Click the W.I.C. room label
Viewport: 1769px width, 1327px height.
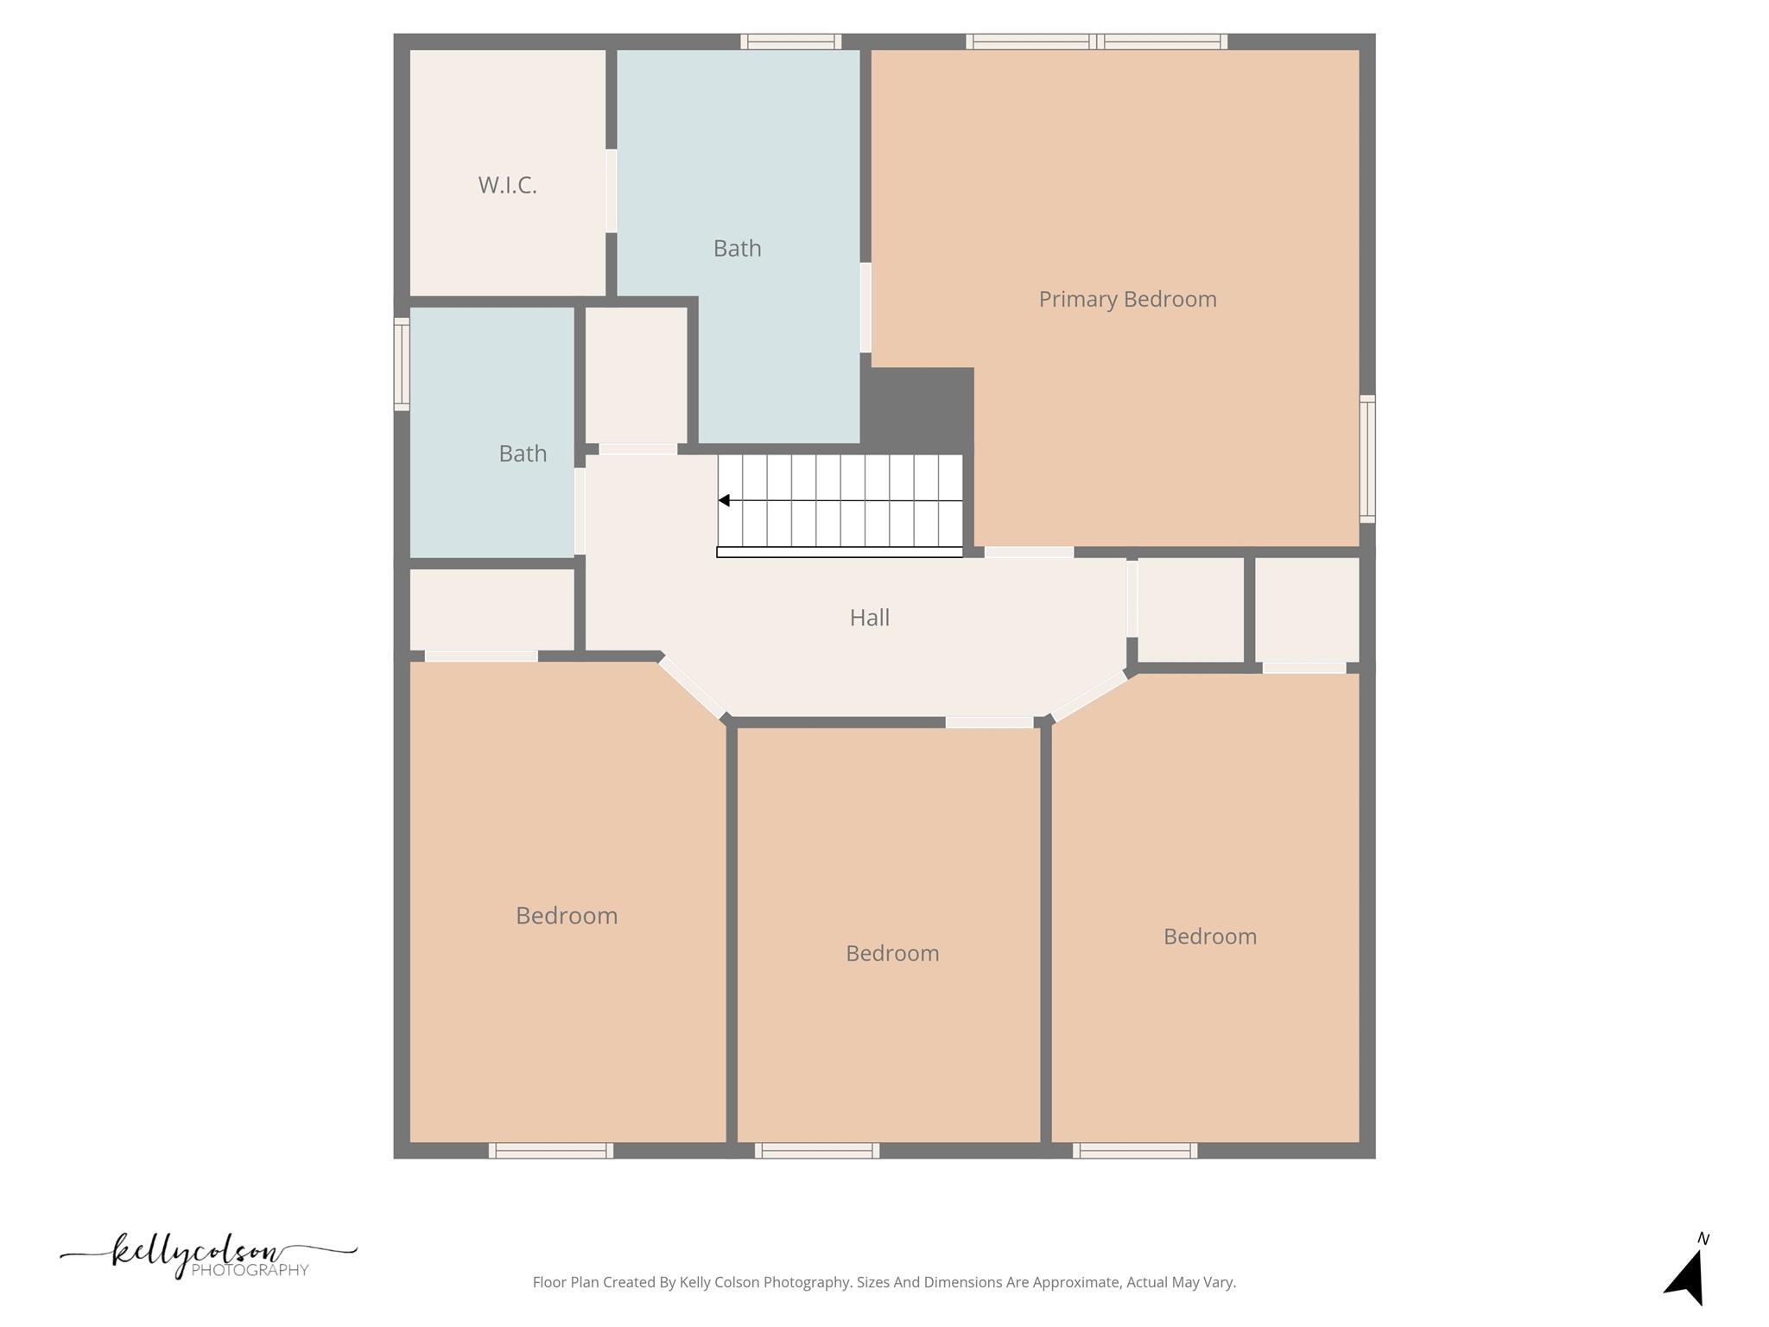pos(507,185)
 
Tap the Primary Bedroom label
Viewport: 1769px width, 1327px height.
pos(1127,299)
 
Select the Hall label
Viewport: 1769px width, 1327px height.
pos(869,618)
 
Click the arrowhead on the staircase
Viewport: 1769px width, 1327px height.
pos(724,500)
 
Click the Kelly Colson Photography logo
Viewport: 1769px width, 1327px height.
pos(207,1255)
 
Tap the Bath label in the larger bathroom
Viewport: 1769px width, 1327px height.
pos(737,249)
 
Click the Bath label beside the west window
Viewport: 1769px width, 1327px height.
pos(523,454)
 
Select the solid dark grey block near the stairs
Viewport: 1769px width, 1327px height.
pos(917,406)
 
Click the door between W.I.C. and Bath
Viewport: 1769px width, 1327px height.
pos(611,191)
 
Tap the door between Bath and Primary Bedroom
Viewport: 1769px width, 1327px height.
pos(865,308)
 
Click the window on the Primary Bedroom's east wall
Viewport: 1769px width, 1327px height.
pos(1366,459)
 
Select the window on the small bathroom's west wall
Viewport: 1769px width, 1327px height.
pos(402,364)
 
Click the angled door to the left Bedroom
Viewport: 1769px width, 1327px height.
pos(692,688)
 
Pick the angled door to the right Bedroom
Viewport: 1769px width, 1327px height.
pos(1089,696)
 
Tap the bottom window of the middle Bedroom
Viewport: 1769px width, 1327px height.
pos(816,1150)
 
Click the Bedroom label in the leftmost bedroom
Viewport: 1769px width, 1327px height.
pos(567,916)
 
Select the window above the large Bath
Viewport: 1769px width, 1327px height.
pos(790,41)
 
